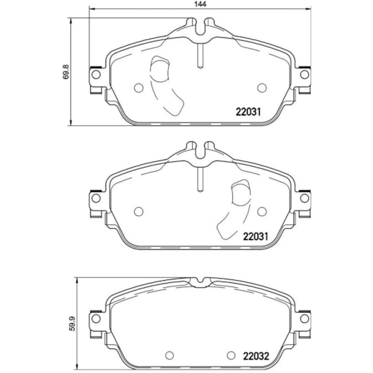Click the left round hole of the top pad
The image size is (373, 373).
(x=139, y=88)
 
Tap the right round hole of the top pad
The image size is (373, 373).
(x=263, y=87)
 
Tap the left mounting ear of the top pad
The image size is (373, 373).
(x=94, y=77)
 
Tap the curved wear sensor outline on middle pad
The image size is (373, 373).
(x=236, y=207)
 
